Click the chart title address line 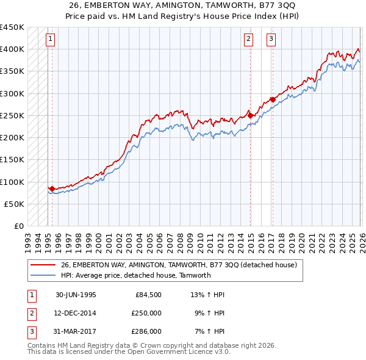182,5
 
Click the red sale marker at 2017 273,99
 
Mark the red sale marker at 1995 52,189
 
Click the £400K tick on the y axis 12,49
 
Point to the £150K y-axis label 12,160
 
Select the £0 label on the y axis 18,226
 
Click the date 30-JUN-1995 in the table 76,295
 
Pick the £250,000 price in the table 146,313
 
